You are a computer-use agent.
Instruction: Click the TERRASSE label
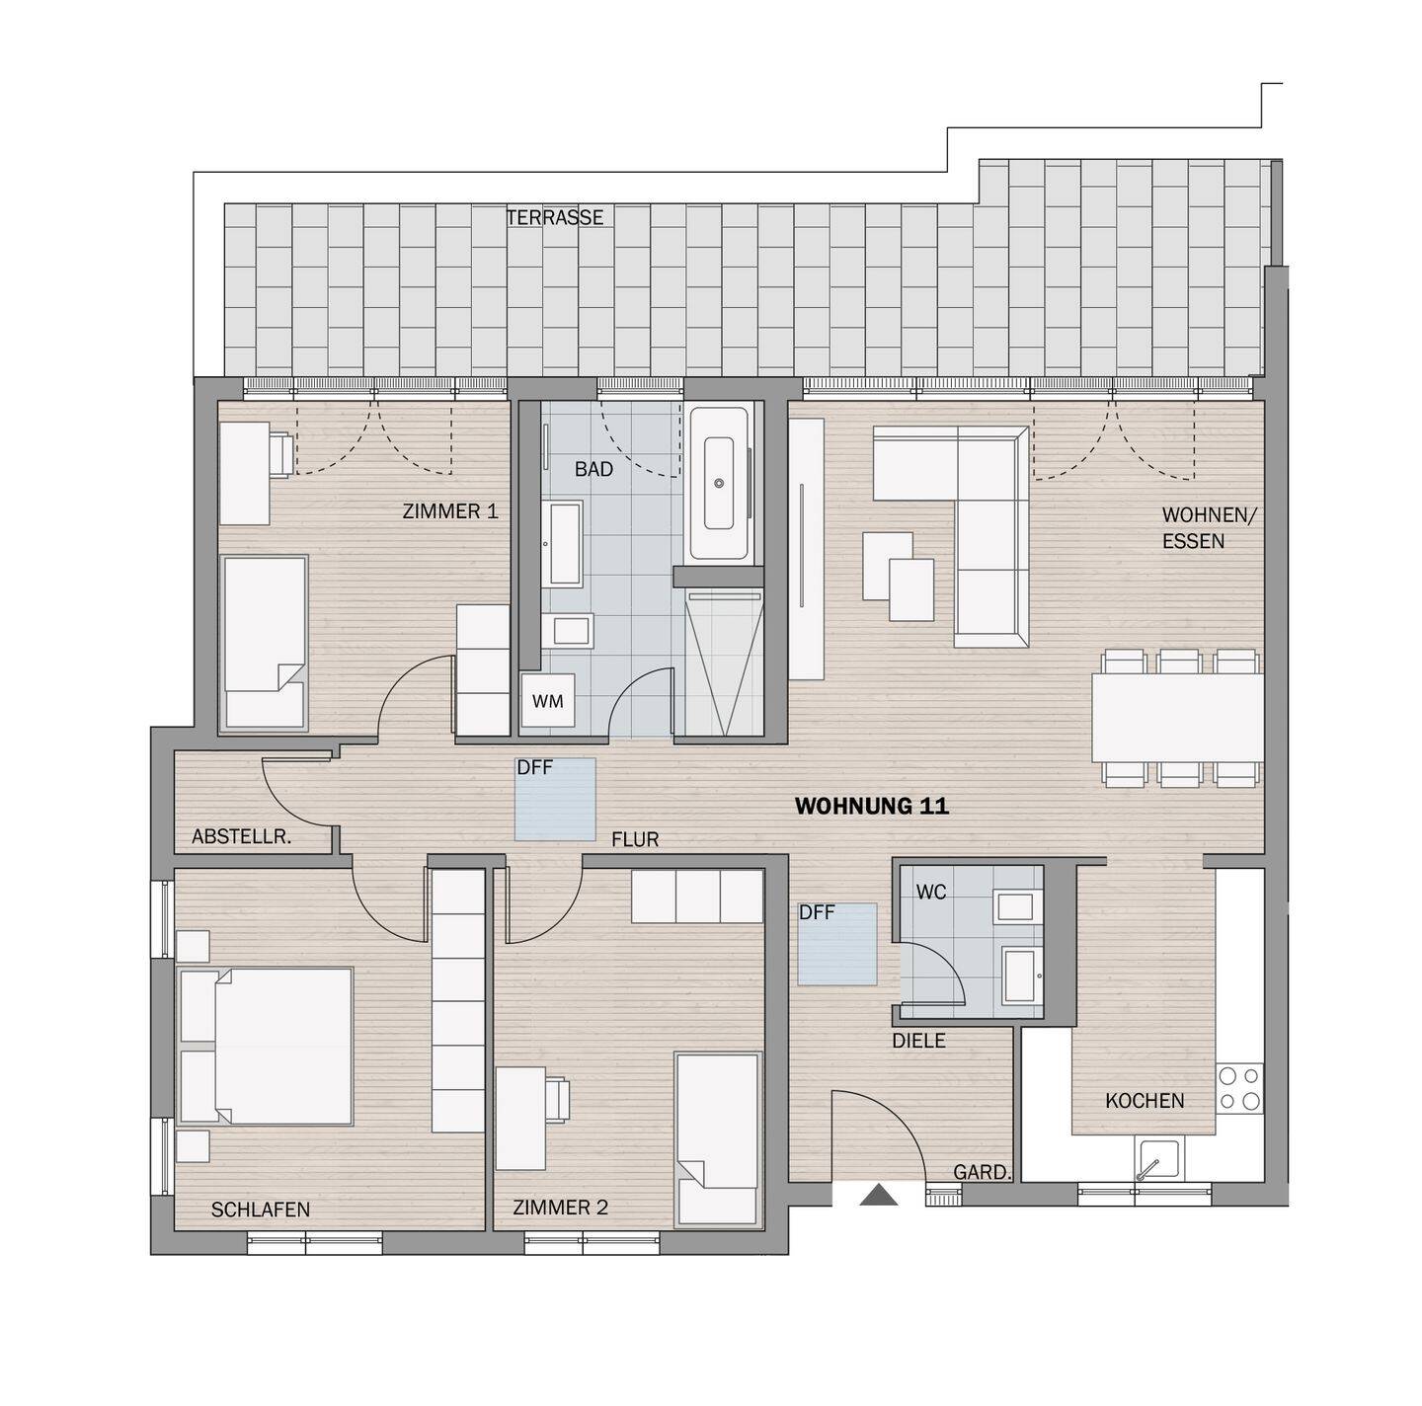point(554,217)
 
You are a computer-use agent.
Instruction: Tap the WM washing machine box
point(547,701)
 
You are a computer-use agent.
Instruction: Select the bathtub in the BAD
point(720,483)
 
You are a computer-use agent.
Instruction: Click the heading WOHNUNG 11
point(871,807)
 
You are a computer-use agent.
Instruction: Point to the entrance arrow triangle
point(878,1196)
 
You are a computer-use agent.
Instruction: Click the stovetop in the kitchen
point(1239,1087)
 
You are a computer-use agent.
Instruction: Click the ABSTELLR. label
point(241,837)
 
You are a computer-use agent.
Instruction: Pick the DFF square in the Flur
point(555,799)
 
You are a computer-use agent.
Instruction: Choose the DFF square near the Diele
point(837,944)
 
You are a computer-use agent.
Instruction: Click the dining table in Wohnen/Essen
point(1176,717)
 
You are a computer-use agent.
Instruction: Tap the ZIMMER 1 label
point(449,511)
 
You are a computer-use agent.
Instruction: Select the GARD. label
point(982,1173)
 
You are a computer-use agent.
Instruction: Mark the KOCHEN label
point(1145,1101)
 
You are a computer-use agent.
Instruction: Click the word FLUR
point(634,840)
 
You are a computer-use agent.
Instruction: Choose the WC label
point(930,893)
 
